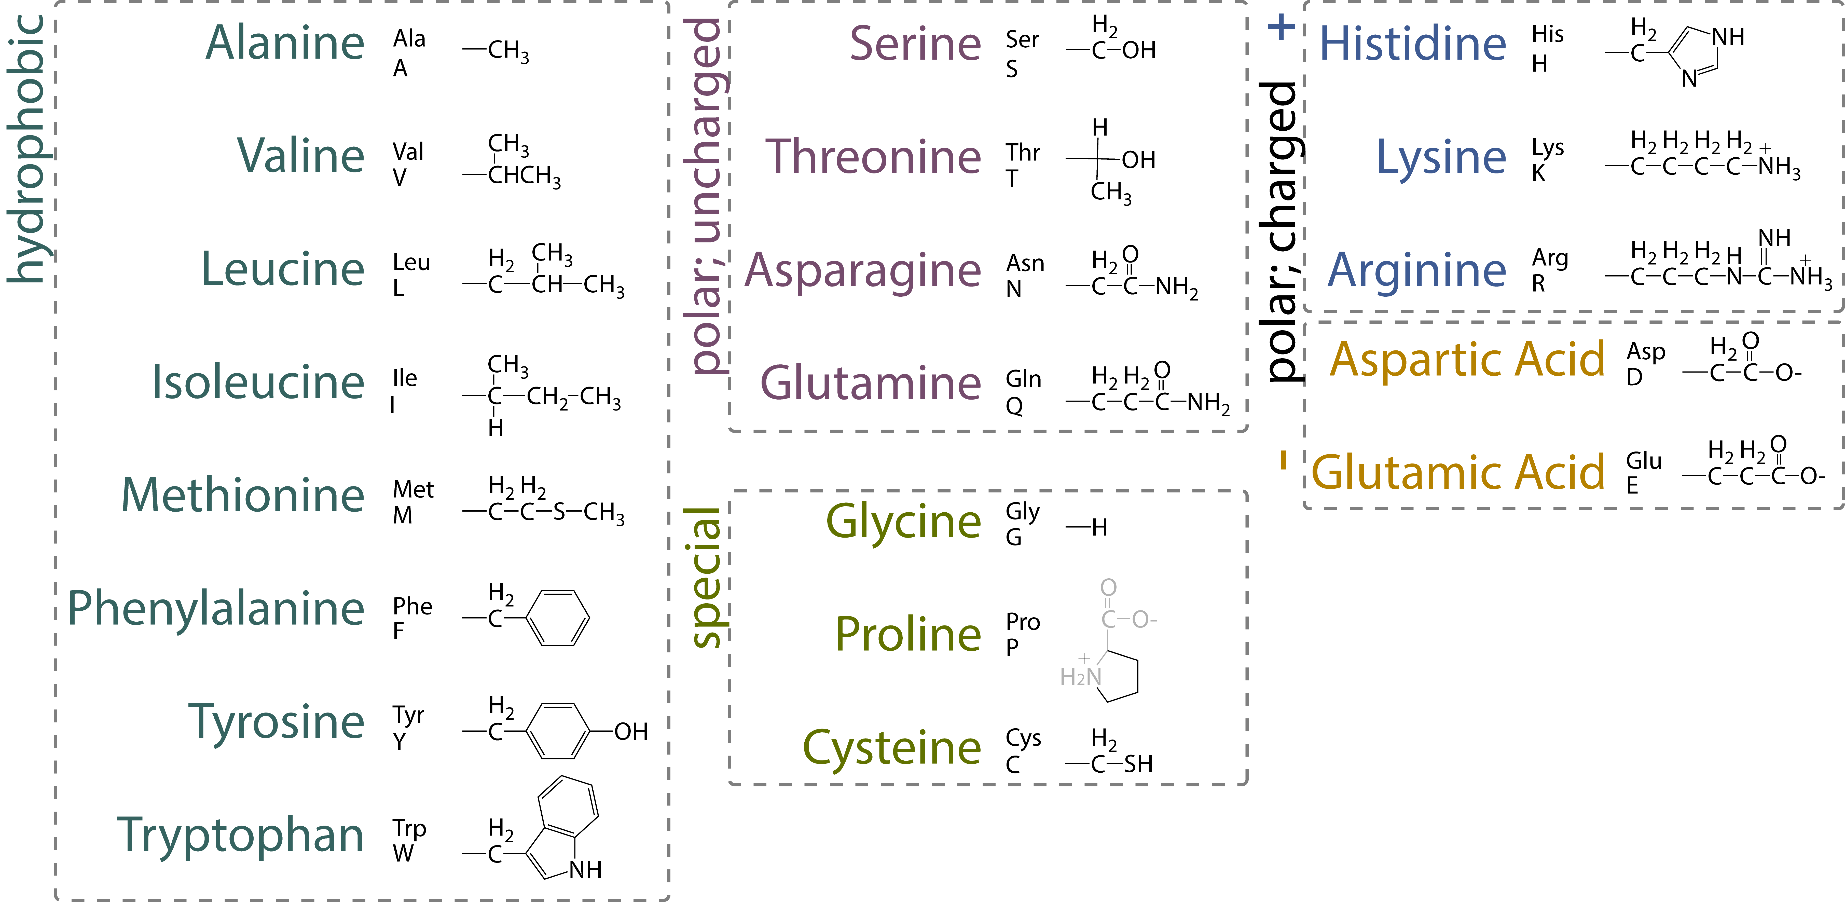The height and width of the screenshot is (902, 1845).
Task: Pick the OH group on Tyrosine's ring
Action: pos(631,731)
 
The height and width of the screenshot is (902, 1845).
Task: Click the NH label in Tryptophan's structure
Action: pos(585,870)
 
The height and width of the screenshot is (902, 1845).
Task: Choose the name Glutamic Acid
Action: pos(1458,473)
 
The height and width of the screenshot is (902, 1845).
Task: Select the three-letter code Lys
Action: pos(1548,148)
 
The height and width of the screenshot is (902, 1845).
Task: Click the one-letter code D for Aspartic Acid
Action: pos(1634,377)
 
